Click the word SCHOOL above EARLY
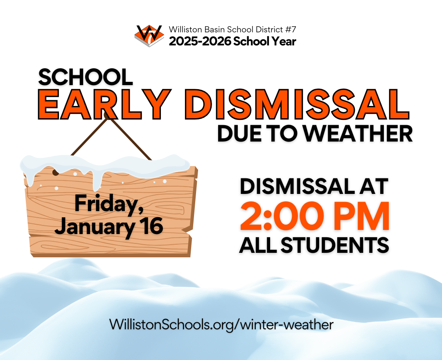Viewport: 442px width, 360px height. pos(86,76)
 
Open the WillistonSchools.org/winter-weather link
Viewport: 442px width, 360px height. pos(221,324)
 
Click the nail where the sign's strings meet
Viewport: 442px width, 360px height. pos(107,115)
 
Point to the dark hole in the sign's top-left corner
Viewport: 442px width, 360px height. pos(55,172)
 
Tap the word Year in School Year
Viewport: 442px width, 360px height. pos(283,41)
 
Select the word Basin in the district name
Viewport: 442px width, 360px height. pos(212,30)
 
